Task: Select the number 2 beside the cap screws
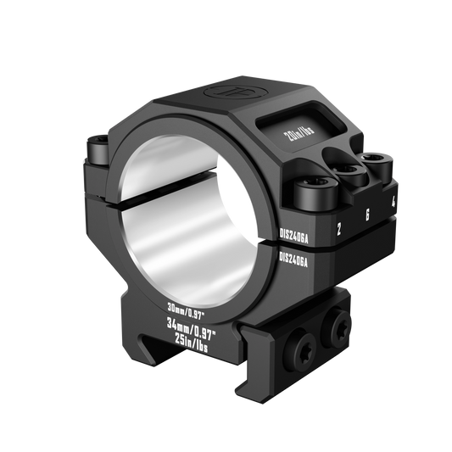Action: (x=339, y=226)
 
